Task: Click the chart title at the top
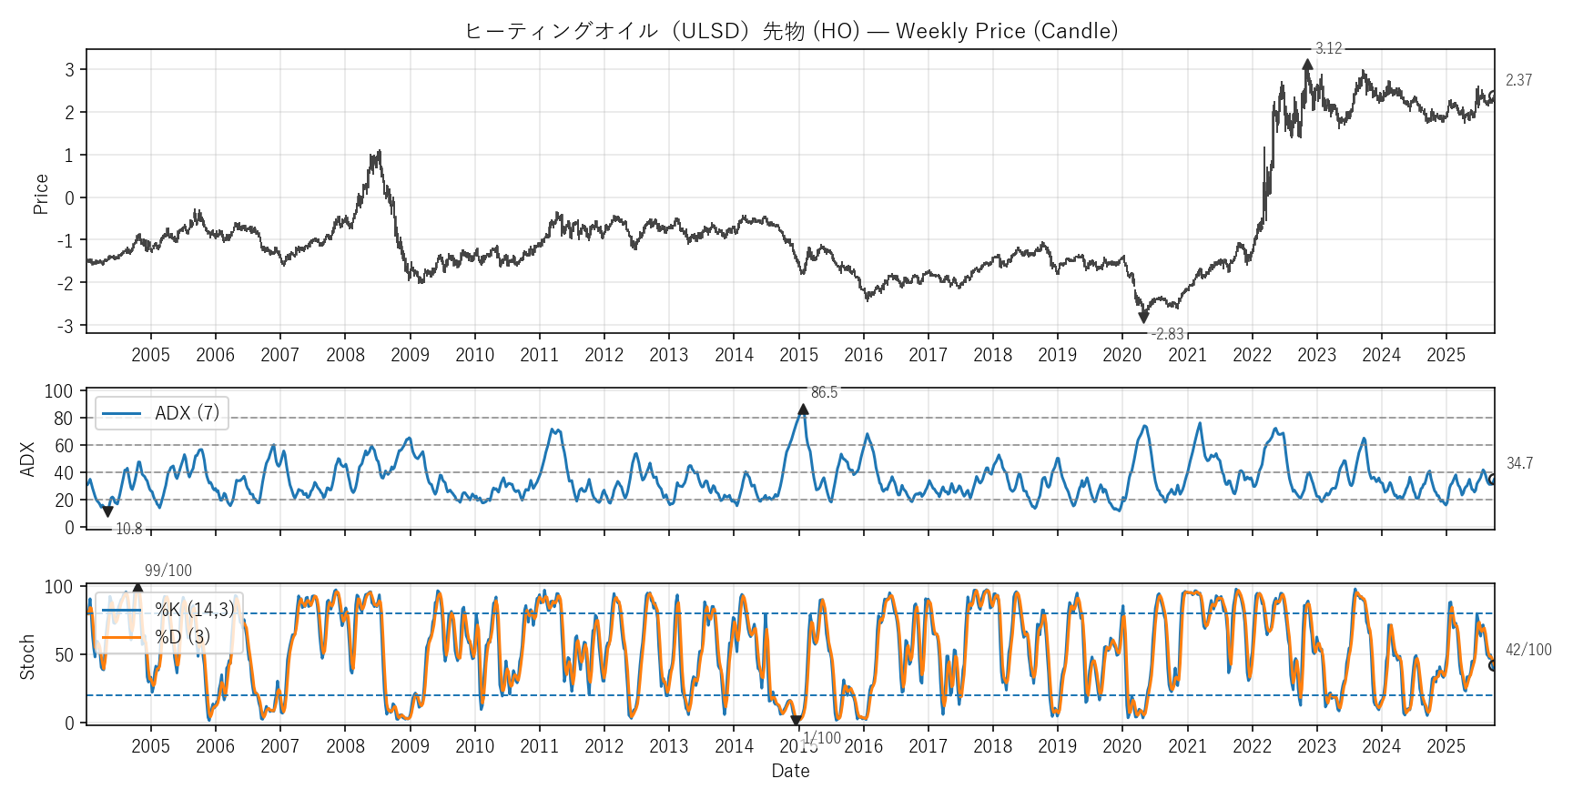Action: point(790,31)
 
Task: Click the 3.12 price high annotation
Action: point(1328,48)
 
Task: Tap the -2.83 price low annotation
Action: point(1168,334)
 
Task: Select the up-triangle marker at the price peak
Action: point(1307,65)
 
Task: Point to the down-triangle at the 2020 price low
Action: point(1143,318)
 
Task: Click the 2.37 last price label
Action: point(1518,80)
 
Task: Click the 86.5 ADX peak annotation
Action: point(824,392)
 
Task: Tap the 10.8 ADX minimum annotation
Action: point(128,529)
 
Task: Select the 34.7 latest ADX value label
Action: point(1519,463)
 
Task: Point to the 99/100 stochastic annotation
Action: point(168,571)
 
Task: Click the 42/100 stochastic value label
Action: point(1528,650)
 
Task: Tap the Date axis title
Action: point(790,771)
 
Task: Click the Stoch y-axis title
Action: point(27,656)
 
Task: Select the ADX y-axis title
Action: point(27,460)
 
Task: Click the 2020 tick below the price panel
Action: point(1121,355)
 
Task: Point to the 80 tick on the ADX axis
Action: point(64,419)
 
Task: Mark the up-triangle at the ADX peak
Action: point(803,410)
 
